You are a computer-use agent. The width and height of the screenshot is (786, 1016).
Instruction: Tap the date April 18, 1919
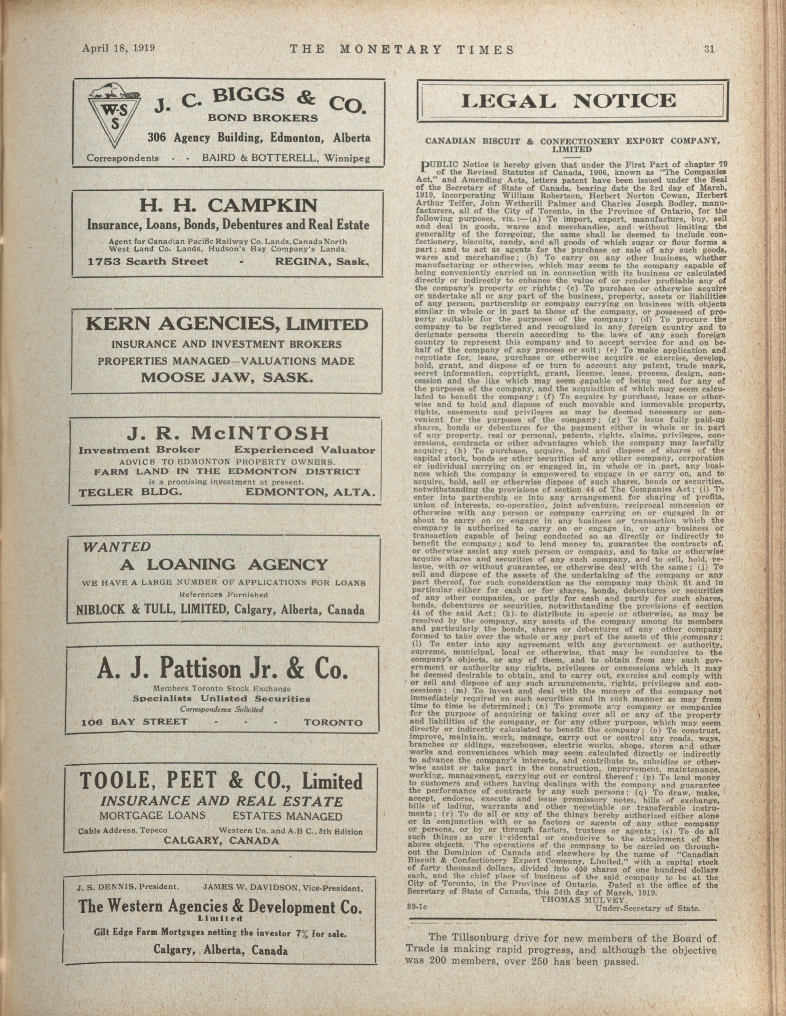coord(118,49)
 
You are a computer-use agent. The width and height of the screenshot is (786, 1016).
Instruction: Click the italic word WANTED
coord(117,547)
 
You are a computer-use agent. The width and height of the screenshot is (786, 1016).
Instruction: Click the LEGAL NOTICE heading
coord(573,101)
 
